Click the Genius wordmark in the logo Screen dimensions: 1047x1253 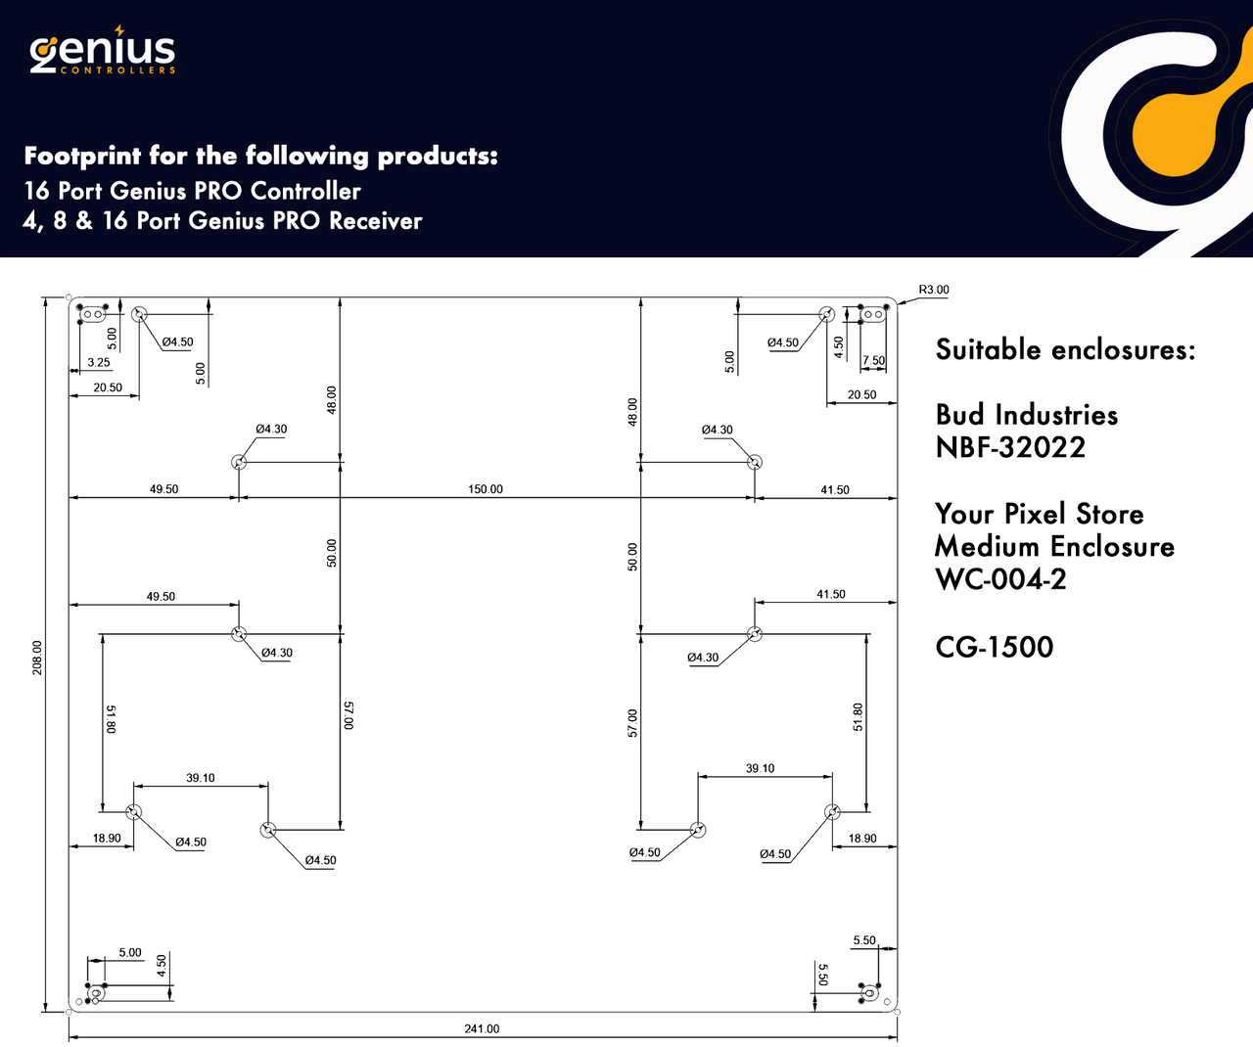103,51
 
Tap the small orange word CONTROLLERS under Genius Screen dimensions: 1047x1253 117,70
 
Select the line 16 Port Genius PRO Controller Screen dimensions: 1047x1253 192,191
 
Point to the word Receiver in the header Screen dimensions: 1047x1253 375,221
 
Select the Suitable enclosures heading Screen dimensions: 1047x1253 1065,349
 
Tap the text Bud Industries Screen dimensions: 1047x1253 1026,415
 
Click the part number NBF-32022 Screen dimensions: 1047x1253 1010,448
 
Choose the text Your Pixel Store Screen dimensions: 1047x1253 1039,514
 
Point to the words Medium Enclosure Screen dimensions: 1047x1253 1054,547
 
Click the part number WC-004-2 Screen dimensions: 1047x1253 1000,579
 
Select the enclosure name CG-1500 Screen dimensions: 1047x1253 994,647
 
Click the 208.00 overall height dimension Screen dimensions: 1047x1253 37,658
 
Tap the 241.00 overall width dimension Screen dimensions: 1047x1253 482,1028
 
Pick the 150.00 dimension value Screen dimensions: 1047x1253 485,489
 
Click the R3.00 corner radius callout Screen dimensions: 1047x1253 933,290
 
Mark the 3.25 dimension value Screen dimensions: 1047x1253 99,362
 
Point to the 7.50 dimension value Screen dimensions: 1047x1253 873,361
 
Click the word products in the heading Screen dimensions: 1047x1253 437,157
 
